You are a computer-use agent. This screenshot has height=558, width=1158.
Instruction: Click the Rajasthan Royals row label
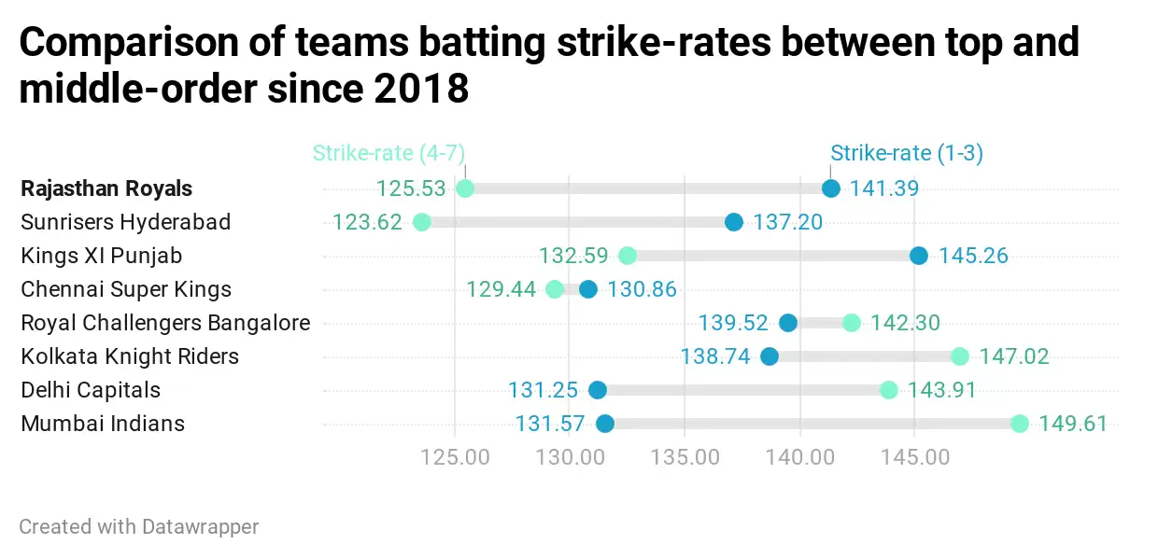[106, 188]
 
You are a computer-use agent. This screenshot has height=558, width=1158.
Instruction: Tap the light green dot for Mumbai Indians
[1019, 424]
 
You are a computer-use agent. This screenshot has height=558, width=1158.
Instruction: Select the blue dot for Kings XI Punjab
[919, 256]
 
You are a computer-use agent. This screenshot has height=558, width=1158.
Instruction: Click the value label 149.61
[1073, 424]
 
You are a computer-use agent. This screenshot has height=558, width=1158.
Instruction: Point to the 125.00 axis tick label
[455, 457]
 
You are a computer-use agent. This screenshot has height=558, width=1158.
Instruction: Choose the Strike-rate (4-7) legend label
[388, 153]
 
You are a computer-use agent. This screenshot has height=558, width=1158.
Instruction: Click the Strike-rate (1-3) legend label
[906, 153]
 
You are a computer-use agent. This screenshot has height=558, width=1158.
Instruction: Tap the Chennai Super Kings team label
[126, 289]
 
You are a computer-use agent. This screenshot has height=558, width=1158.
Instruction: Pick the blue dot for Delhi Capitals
[598, 390]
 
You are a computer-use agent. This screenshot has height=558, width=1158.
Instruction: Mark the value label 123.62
[367, 222]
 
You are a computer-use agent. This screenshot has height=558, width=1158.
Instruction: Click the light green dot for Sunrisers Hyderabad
[422, 222]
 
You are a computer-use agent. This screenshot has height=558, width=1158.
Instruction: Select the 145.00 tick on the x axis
[914, 457]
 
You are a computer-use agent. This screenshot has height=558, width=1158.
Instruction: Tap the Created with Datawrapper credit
[139, 526]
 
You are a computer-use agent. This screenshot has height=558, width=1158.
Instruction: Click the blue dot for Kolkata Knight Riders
[770, 356]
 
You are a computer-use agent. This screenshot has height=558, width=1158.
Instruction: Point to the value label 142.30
[905, 323]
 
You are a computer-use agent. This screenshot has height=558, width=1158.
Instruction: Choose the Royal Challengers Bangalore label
[165, 323]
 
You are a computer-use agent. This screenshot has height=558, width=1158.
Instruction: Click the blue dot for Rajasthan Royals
[831, 188]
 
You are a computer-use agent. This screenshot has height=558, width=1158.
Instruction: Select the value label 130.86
[642, 289]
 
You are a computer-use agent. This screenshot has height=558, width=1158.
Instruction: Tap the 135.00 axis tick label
[685, 457]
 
